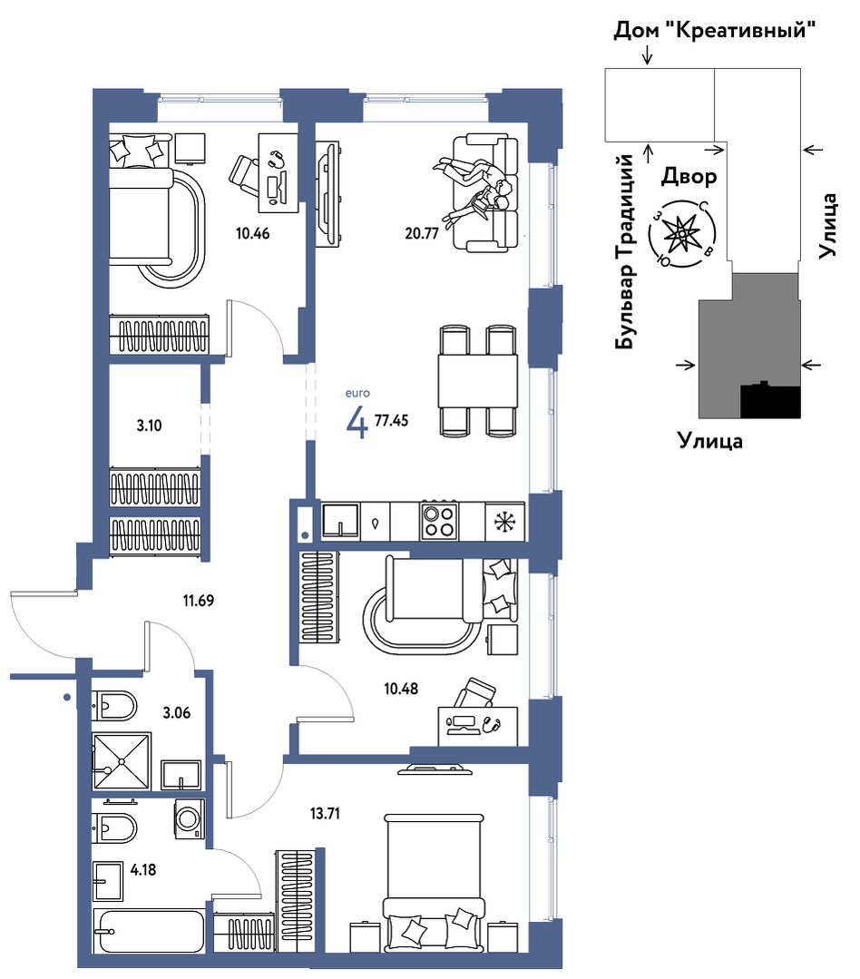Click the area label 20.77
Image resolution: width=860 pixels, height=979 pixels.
point(422,233)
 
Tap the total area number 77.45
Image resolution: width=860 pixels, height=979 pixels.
point(391,420)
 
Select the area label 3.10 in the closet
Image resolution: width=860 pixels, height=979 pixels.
point(149,426)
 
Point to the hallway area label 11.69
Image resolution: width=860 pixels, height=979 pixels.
point(199,601)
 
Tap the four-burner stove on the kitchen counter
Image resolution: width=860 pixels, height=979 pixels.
point(439,521)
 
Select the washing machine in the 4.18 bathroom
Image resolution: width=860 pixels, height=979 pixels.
point(190,818)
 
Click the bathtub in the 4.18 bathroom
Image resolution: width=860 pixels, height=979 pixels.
point(149,931)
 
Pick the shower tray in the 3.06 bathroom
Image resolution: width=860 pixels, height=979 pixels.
point(122,761)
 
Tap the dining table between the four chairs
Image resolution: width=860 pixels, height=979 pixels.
point(477,380)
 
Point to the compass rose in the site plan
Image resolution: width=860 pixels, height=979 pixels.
point(681,234)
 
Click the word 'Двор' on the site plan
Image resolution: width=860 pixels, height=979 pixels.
point(689,177)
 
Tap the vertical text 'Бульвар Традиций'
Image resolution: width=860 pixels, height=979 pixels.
point(624,251)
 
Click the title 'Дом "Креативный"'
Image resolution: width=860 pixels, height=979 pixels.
point(715,29)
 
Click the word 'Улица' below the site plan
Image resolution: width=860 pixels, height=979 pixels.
point(710,442)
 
